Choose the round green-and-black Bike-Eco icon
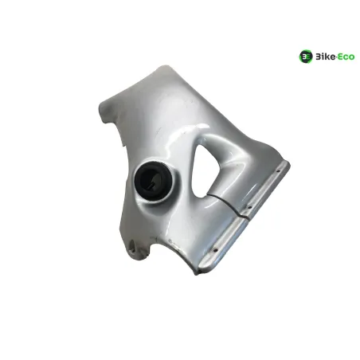click(306, 57)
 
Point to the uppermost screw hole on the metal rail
click(278, 171)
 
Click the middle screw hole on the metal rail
click(249, 207)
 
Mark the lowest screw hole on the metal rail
click(216, 249)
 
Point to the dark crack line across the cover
click(229, 203)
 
